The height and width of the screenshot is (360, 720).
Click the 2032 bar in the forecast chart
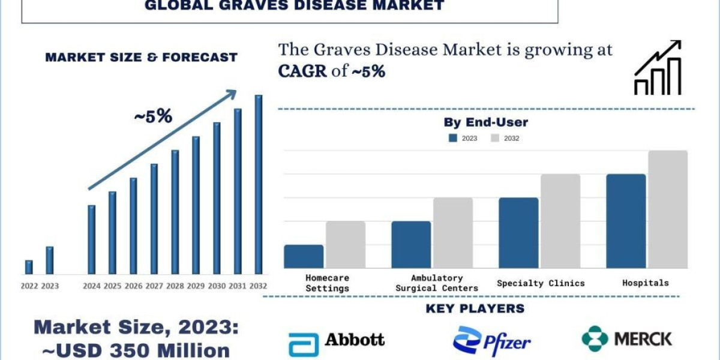(259, 184)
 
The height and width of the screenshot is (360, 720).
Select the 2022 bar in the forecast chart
(29, 267)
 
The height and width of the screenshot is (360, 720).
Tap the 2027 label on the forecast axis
(154, 286)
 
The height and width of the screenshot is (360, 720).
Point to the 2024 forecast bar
(91, 239)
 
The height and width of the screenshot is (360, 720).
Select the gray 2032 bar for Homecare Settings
(346, 244)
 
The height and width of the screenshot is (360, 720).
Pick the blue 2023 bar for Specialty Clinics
(518, 233)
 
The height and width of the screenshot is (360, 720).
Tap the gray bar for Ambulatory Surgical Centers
(453, 233)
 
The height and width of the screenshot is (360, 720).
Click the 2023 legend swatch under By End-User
(454, 138)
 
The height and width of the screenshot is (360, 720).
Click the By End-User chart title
(485, 122)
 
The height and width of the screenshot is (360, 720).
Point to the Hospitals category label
(645, 283)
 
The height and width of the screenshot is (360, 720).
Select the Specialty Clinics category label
(541, 283)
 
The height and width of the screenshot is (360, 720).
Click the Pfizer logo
(492, 341)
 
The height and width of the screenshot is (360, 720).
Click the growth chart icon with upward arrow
(658, 68)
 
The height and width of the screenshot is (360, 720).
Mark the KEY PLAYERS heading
(475, 309)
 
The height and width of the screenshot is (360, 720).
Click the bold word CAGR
(302, 71)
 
